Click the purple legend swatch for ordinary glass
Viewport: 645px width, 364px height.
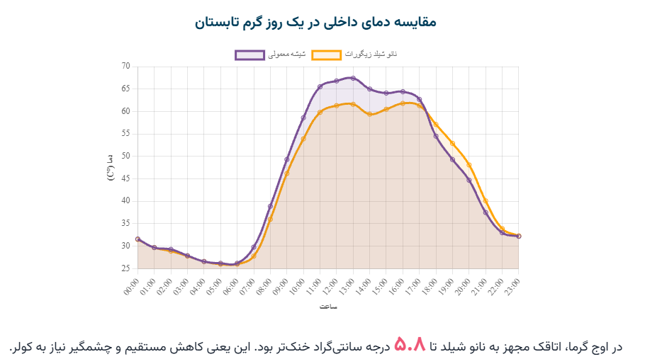pyautogui.click(x=249, y=55)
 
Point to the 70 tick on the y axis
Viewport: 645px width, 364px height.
pyautogui.click(x=126, y=67)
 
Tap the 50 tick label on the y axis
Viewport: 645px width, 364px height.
pyautogui.click(x=126, y=157)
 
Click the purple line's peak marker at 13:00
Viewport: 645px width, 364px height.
pyautogui.click(x=353, y=78)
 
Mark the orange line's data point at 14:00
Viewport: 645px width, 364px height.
pyautogui.click(x=369, y=114)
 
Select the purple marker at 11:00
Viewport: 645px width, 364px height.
pyautogui.click(x=320, y=86)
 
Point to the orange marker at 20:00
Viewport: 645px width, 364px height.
pyautogui.click(x=469, y=166)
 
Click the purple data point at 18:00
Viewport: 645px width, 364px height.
pyautogui.click(x=436, y=136)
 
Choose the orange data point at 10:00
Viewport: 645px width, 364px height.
pyautogui.click(x=303, y=139)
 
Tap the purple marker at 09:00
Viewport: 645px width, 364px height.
pyautogui.click(x=287, y=159)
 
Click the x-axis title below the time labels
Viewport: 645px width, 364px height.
pyautogui.click(x=327, y=307)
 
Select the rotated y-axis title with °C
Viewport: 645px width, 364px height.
pyautogui.click(x=111, y=168)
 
